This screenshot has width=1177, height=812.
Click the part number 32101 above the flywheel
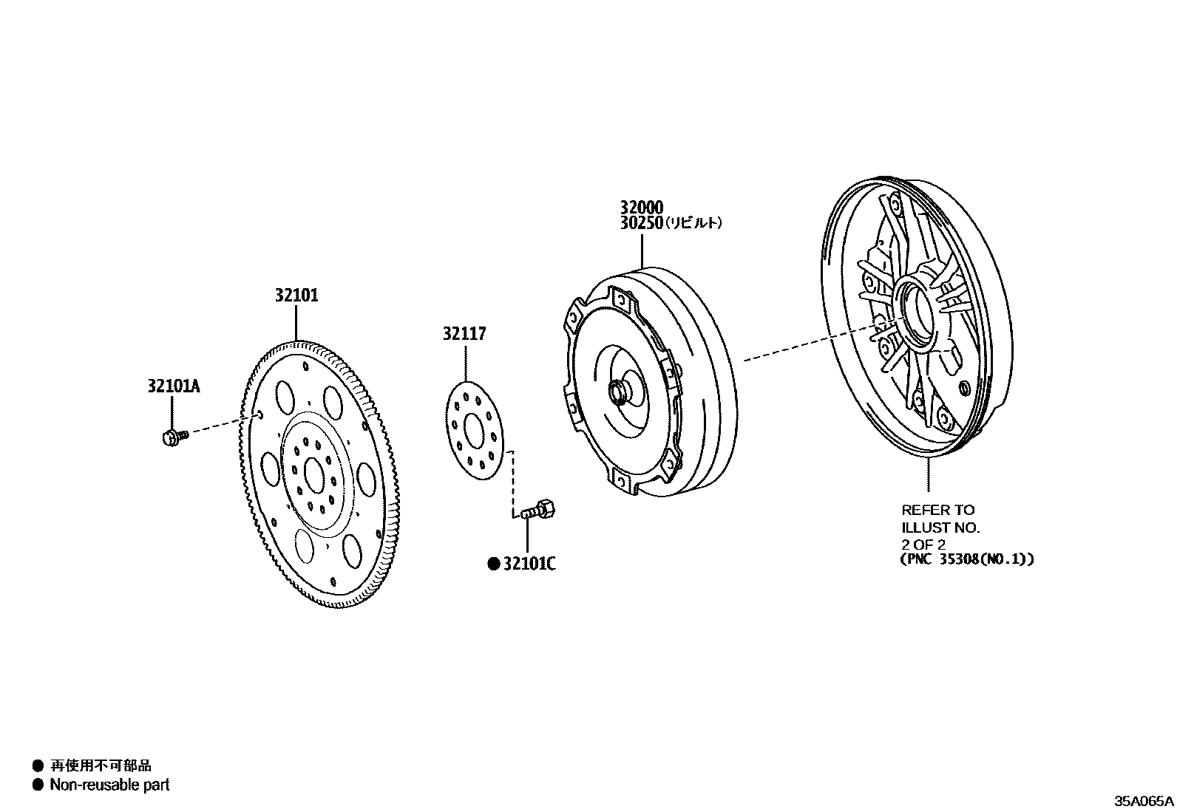[x=296, y=296]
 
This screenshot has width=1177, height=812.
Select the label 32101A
[x=173, y=386]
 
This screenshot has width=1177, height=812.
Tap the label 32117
[x=464, y=334]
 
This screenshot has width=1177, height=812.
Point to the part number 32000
[x=641, y=208]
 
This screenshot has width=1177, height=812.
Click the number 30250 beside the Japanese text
[x=641, y=223]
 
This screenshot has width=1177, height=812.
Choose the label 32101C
[x=529, y=564]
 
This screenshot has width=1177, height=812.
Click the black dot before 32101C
[x=493, y=564]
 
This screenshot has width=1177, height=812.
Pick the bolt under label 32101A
[x=173, y=437]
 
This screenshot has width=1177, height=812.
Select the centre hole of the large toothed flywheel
[x=313, y=474]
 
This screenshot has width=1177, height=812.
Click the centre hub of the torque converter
[x=616, y=391]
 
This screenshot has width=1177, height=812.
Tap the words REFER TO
[x=937, y=510]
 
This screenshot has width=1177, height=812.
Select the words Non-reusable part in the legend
[x=109, y=785]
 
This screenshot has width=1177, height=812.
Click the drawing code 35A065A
[x=1144, y=801]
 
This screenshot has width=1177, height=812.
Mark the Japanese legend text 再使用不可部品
[x=101, y=766]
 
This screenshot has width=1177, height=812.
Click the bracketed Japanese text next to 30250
[x=693, y=223]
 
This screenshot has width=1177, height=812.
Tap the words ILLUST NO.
[x=940, y=528]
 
